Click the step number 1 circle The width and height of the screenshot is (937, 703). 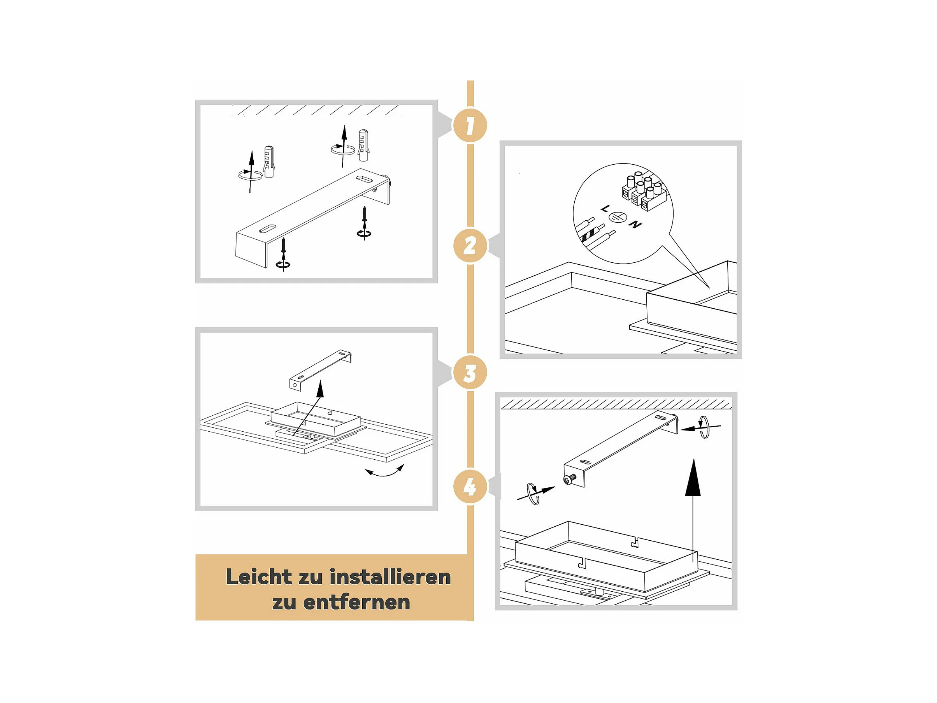click(x=470, y=125)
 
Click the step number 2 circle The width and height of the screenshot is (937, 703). click(x=470, y=246)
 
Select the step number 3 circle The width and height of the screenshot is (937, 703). click(x=470, y=373)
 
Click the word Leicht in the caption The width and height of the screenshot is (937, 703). click(x=259, y=577)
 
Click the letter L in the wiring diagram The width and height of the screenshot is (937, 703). click(x=605, y=209)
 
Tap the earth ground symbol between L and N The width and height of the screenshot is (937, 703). click(x=618, y=217)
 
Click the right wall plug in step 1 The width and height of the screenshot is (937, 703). click(x=363, y=145)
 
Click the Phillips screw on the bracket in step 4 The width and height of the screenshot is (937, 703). click(x=569, y=479)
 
